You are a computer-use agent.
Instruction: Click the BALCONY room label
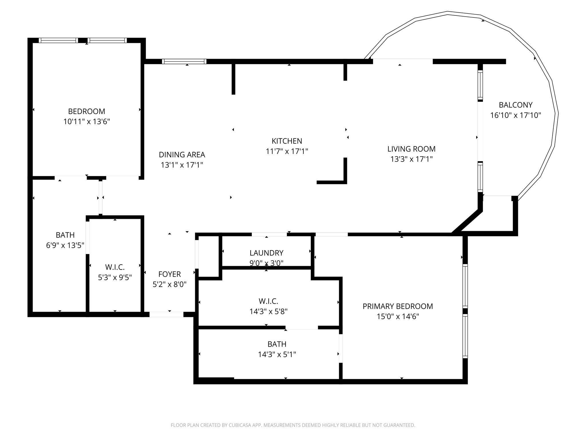pos(516,105)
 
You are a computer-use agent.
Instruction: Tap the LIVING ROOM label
pos(411,149)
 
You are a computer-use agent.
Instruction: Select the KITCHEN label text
pos(287,141)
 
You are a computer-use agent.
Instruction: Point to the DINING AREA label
pos(182,155)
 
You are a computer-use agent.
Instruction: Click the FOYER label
pos(170,274)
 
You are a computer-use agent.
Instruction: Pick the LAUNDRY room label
pos(266,253)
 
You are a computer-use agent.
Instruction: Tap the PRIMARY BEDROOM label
pos(398,306)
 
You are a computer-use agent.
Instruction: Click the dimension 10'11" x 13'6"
pos(87,121)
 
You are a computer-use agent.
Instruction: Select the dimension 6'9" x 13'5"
pos(65,245)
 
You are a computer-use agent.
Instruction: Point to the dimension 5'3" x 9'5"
pos(115,277)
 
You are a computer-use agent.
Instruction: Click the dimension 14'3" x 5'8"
pos(268,311)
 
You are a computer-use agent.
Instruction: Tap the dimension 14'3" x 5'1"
pos(277,354)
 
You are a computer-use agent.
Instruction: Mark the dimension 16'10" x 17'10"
pos(516,115)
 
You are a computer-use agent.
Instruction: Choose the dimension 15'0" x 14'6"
pos(398,317)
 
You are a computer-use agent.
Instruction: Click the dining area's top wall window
pos(184,61)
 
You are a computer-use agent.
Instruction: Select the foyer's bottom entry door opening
pos(166,314)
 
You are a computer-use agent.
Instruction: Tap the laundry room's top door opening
pos(269,234)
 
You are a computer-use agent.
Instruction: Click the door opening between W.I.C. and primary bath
pos(302,327)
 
